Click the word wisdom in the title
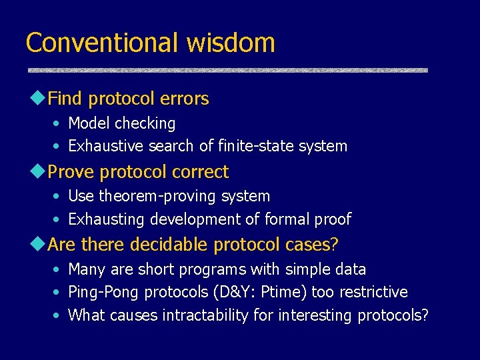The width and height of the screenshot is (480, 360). [231, 43]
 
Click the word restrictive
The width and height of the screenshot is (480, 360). [372, 292]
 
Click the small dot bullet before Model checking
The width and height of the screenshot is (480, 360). [58, 124]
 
